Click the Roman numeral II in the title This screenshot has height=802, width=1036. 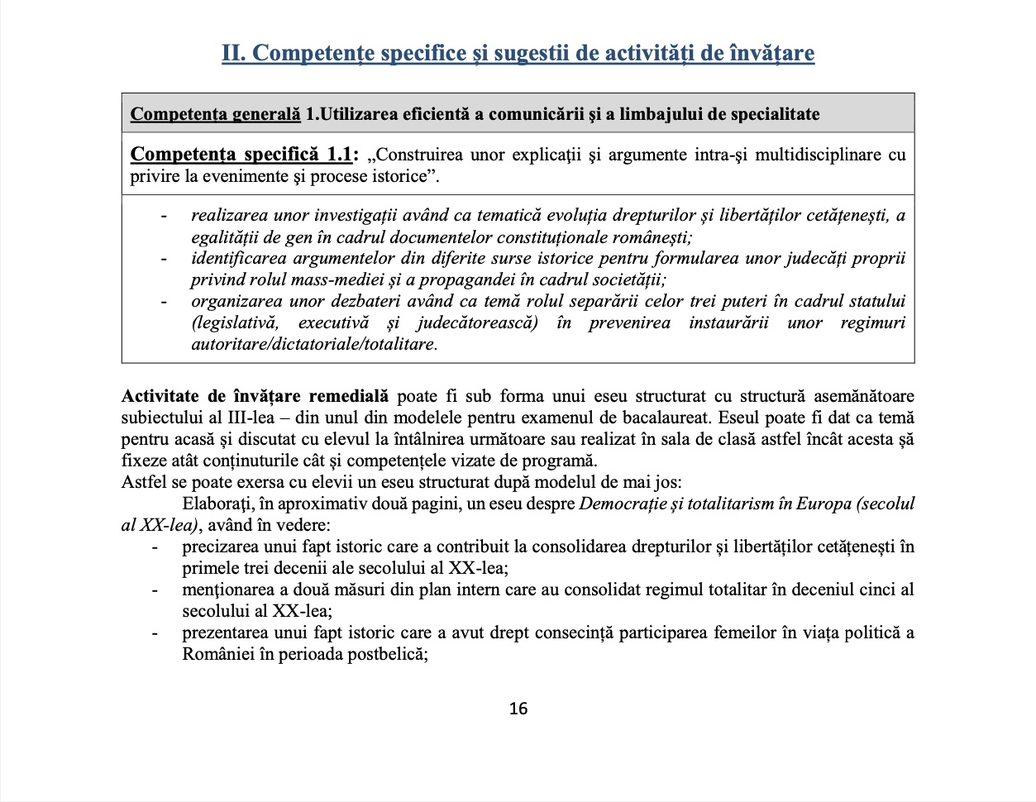click(x=232, y=53)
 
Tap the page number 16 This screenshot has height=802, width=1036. click(x=518, y=709)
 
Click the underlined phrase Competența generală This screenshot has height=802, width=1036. click(x=215, y=114)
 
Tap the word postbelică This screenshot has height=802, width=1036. click(x=388, y=654)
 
